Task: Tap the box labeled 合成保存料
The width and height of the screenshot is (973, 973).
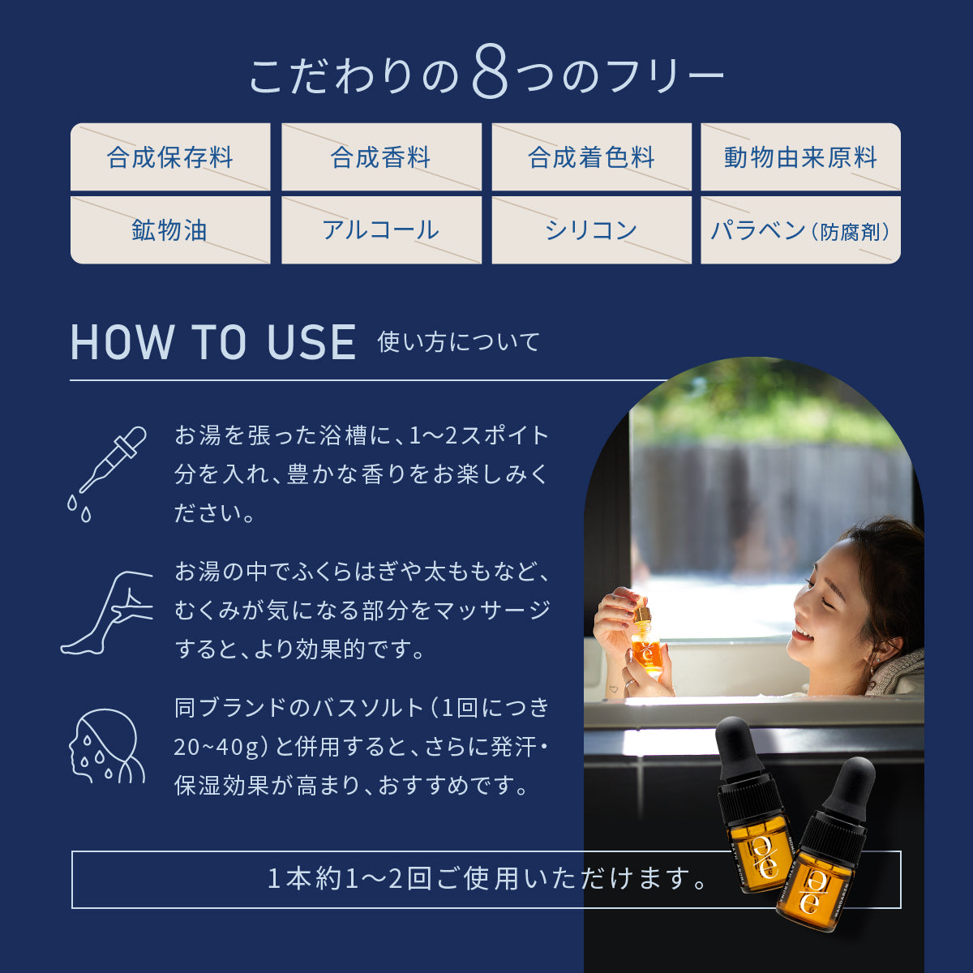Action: click(x=170, y=157)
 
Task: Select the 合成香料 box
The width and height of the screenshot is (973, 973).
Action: click(x=381, y=157)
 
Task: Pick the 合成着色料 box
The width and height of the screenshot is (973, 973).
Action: click(x=591, y=157)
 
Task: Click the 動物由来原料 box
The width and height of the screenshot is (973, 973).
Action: click(x=800, y=157)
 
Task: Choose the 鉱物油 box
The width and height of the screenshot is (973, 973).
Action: click(x=170, y=230)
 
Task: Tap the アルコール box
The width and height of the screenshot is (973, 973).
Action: click(x=381, y=230)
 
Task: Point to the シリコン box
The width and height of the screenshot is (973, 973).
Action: click(x=591, y=230)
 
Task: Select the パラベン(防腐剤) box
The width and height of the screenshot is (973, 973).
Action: click(x=800, y=231)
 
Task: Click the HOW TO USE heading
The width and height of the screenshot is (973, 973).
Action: click(x=213, y=342)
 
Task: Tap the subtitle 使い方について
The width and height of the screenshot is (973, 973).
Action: click(x=458, y=342)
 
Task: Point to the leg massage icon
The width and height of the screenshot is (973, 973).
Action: click(x=109, y=612)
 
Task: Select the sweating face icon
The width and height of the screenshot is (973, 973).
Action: click(x=105, y=746)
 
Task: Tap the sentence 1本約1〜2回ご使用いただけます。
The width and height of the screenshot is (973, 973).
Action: click(x=486, y=879)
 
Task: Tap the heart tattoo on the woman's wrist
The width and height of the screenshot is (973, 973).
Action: click(x=613, y=689)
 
